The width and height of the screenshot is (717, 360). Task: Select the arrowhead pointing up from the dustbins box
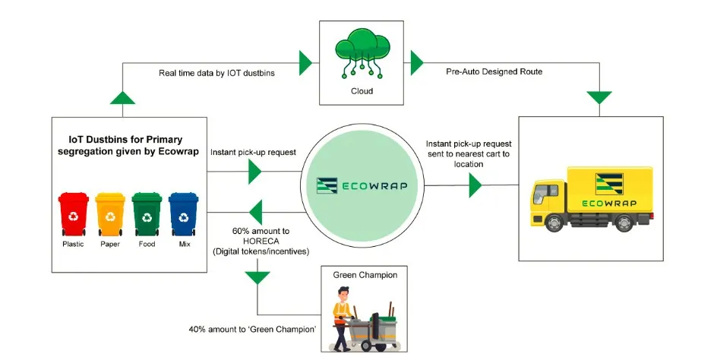pyautogui.click(x=122, y=96)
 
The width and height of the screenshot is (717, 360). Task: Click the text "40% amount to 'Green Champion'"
pyautogui.click(x=248, y=330)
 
